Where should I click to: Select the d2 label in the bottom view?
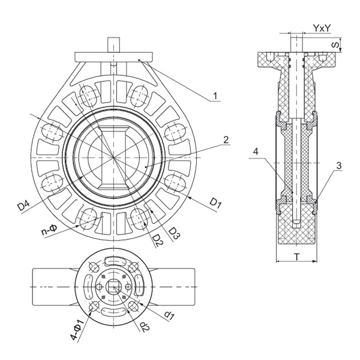pyautogui.click(x=143, y=328)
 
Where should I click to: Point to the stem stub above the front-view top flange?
pyautogui.click(x=112, y=45)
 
